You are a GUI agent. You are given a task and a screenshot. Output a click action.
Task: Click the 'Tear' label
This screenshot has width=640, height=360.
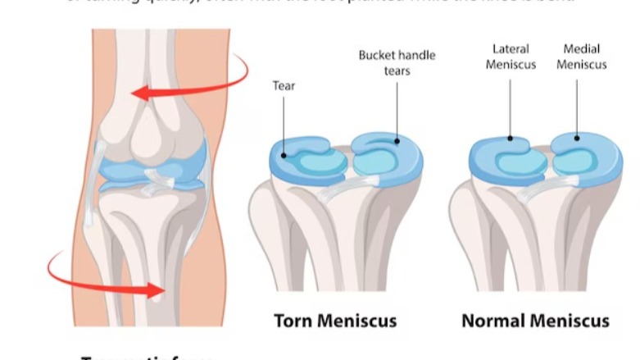tap(284, 85)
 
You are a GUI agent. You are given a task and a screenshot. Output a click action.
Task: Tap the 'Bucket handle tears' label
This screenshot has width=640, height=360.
tap(397, 62)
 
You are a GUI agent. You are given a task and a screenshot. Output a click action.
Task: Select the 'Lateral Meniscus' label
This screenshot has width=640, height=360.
tap(510, 57)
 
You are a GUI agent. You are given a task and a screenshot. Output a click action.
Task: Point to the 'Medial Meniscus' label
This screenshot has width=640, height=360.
tap(581, 57)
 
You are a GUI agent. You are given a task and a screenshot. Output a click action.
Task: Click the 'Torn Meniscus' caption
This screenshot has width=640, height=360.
tap(334, 320)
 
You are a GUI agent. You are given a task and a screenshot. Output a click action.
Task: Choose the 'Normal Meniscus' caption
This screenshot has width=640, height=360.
tap(535, 320)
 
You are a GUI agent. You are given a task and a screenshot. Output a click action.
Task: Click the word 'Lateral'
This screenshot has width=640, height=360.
tap(511, 49)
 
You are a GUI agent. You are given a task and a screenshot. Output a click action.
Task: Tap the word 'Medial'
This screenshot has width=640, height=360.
tap(581, 49)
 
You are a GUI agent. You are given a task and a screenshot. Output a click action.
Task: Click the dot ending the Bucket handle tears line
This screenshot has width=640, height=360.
tap(397, 141)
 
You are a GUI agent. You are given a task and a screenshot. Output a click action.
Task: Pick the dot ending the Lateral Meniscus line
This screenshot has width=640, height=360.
tap(511, 139)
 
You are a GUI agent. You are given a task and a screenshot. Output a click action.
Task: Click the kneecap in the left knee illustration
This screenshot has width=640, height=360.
tap(152, 131)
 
